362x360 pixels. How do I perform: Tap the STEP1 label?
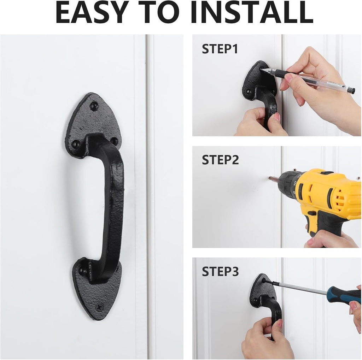[x=220, y=49]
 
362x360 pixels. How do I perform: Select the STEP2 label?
[x=220, y=159]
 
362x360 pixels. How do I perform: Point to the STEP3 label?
[x=220, y=271]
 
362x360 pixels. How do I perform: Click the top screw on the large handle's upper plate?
[x=93, y=106]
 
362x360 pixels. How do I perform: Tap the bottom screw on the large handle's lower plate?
[x=99, y=307]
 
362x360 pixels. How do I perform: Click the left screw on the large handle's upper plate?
[x=76, y=144]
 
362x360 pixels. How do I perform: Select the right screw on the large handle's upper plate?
[x=114, y=141]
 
